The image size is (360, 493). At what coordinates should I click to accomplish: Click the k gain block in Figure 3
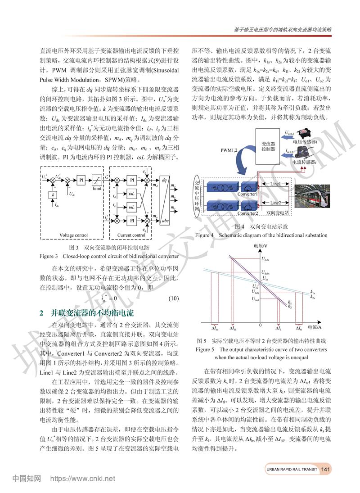click(54, 194)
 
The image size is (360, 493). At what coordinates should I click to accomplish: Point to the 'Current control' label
click(131, 235)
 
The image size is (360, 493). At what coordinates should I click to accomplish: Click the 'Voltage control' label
click(73, 235)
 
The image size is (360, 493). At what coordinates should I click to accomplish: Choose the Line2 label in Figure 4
click(275, 203)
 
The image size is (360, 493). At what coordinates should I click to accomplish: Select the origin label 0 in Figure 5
click(260, 324)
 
